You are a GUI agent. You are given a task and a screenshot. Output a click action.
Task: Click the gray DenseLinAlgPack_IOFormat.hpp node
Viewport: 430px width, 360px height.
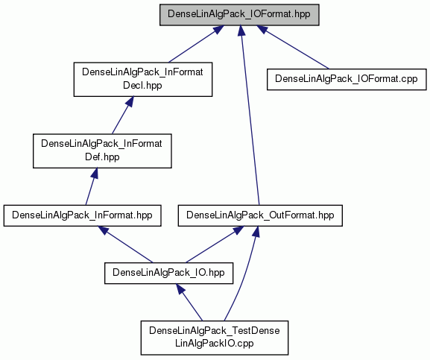click(239, 15)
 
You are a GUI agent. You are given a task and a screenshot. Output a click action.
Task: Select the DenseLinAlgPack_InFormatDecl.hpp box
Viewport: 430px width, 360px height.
click(143, 79)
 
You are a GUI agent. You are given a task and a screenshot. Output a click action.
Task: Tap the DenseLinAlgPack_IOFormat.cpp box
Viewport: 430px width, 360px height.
click(347, 79)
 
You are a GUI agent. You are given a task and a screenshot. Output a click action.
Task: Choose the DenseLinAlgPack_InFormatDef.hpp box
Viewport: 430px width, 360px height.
click(102, 151)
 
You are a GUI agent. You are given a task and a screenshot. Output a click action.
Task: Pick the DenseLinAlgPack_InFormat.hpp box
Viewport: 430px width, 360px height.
click(82, 215)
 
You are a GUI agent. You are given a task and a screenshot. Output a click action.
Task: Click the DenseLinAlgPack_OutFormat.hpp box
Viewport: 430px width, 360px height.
click(260, 215)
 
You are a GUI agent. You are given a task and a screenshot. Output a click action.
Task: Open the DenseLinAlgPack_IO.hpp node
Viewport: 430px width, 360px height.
click(168, 273)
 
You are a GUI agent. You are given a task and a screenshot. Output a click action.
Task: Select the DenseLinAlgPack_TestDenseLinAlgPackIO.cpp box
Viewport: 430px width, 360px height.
click(215, 338)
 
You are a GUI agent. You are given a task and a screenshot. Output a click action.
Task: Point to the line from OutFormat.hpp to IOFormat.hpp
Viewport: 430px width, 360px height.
click(250, 116)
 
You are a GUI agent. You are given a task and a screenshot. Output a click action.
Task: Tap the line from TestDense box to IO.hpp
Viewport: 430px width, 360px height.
click(189, 302)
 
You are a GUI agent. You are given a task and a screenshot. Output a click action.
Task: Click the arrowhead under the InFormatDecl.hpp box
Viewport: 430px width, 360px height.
click(129, 101)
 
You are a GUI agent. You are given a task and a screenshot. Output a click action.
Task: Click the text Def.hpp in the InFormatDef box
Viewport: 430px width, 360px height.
click(102, 157)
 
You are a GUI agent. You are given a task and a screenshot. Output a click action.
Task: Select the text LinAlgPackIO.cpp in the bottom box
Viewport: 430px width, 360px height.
click(215, 344)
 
